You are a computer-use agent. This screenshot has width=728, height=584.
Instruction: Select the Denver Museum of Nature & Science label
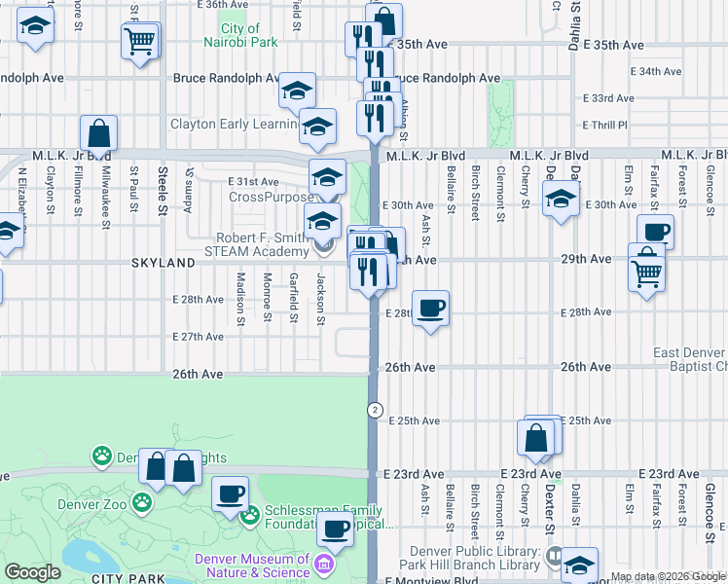(252, 566)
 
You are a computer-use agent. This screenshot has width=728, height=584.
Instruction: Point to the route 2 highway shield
(374, 410)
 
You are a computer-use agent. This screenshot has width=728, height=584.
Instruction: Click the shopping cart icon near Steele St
(140, 42)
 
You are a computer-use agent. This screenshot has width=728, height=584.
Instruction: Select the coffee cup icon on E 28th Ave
(431, 309)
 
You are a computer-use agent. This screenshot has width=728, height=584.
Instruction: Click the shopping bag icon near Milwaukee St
(98, 133)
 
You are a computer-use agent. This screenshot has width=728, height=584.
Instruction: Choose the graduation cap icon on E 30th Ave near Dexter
(561, 201)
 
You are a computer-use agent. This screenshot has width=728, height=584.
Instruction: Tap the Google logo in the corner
(32, 572)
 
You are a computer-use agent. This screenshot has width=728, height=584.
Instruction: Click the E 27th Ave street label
(198, 337)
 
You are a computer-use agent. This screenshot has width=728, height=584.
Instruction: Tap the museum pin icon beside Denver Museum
(325, 563)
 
